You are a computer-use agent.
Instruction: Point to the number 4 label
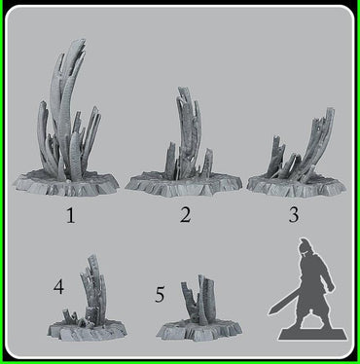coord(59,287)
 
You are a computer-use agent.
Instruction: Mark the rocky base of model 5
coord(200,332)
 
